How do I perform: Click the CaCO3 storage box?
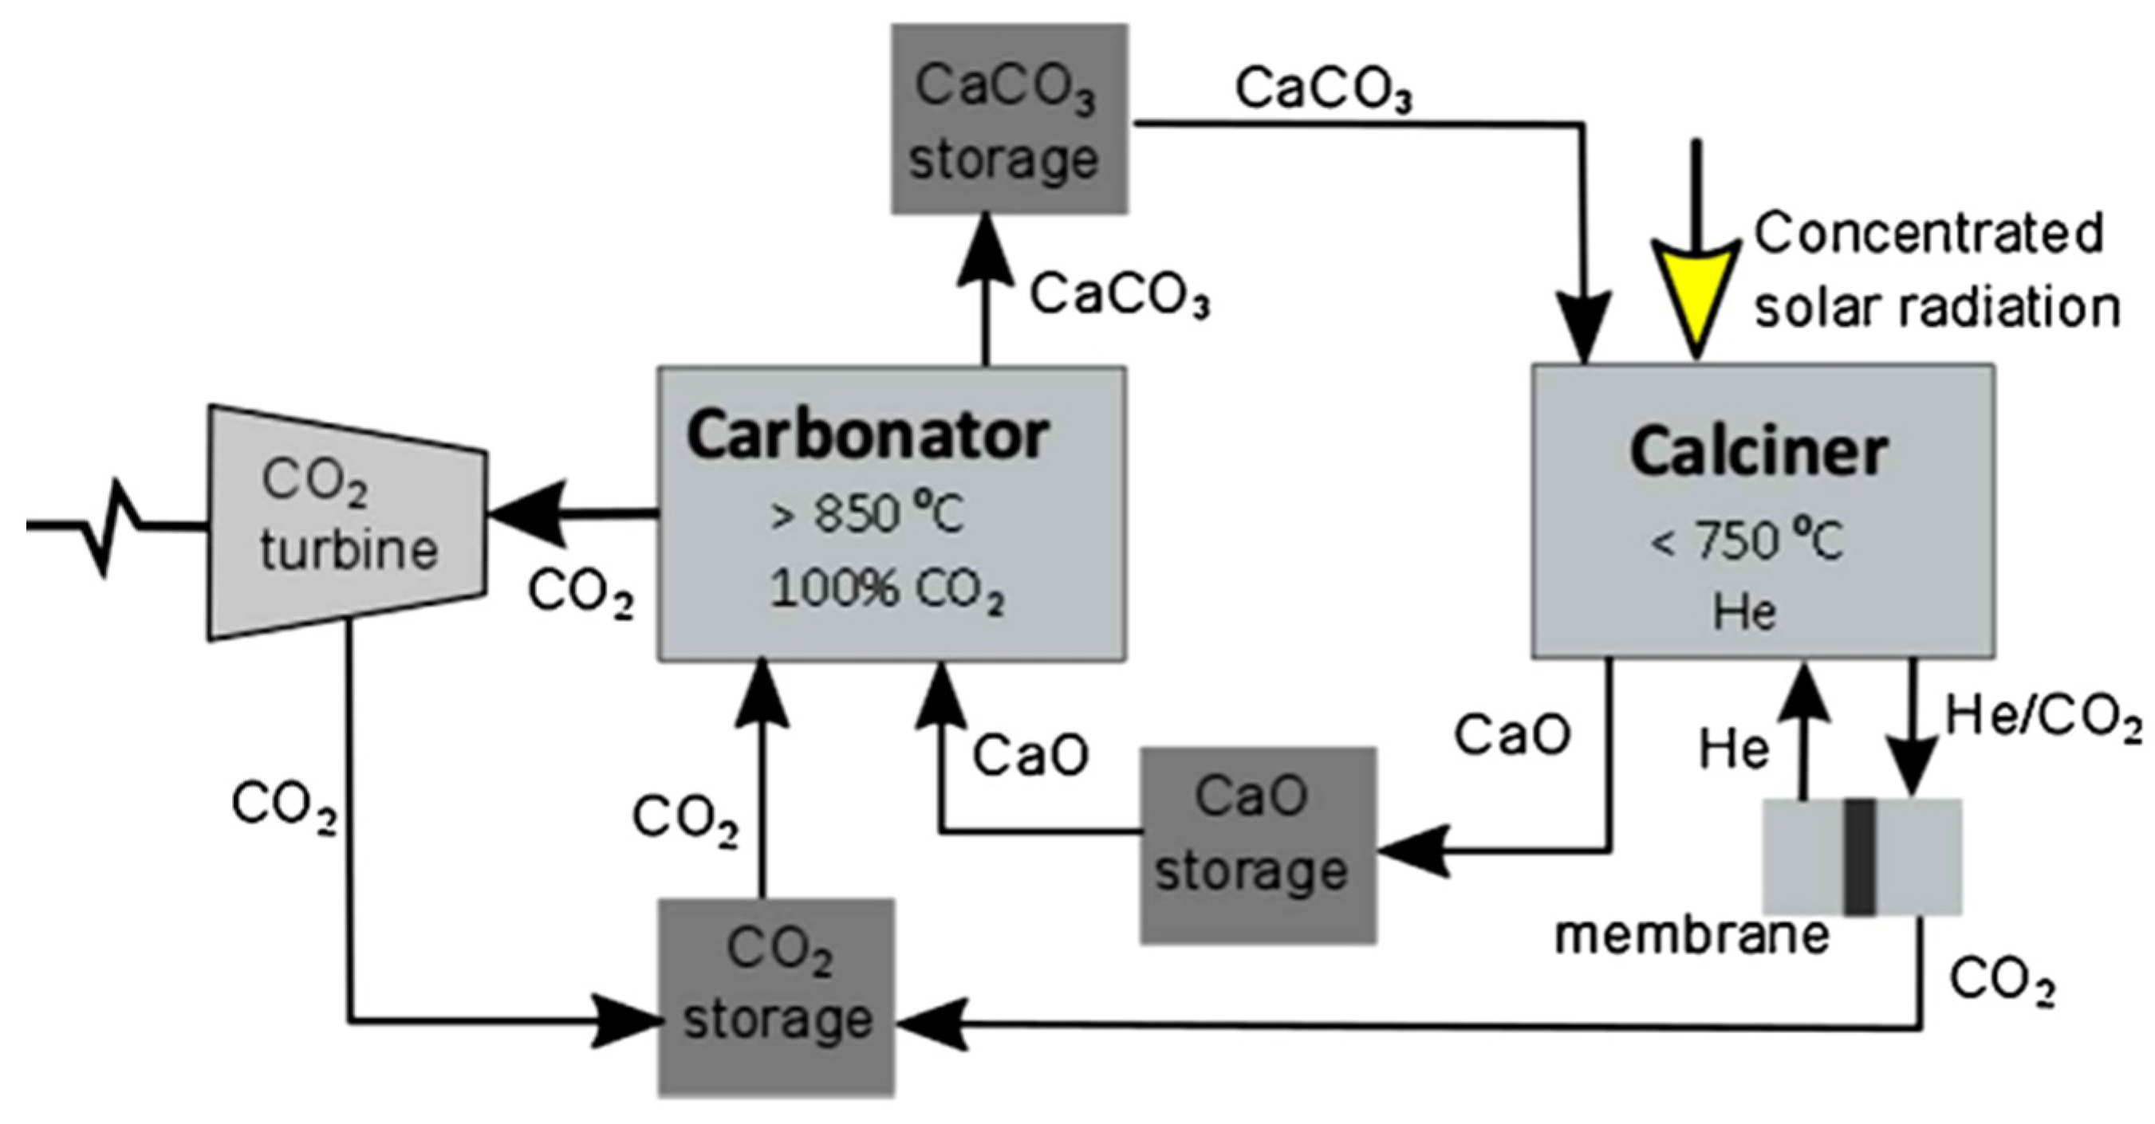point(1009,119)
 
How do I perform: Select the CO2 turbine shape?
point(347,524)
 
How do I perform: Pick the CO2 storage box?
point(776,997)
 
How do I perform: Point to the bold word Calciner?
point(1759,453)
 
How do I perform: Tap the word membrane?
point(1692,935)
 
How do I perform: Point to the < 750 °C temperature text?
point(1746,542)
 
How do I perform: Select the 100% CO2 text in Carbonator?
point(885,591)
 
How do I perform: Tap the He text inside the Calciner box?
point(1743,612)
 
